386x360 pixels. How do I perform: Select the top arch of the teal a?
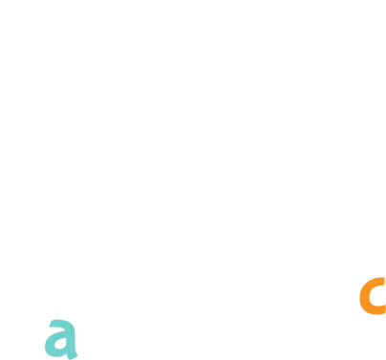[62, 323]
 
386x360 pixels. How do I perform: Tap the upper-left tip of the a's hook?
[51, 322]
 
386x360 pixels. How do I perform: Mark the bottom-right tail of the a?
[75, 356]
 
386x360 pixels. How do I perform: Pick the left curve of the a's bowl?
[49, 345]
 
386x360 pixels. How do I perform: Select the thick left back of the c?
[364, 296]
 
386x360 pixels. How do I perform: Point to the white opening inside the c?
[377, 297]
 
